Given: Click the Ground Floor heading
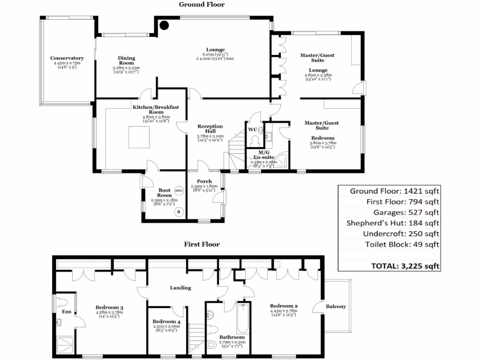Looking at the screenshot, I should click(202, 5).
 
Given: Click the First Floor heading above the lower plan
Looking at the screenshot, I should click(202, 244).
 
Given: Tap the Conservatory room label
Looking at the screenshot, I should click(67, 59).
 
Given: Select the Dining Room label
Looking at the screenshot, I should click(126, 60).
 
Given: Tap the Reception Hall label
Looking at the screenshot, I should click(210, 129).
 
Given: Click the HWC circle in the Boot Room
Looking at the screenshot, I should click(178, 190).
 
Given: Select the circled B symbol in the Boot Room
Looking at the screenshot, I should click(178, 212).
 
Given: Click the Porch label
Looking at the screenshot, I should click(204, 181).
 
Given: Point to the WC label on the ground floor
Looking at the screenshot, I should click(252, 129).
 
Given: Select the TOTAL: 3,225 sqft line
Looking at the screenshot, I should click(405, 266).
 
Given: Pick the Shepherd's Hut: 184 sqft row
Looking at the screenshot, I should click(392, 223).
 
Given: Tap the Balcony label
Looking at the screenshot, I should click(336, 307).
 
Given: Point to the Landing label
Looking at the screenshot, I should click(180, 288).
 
